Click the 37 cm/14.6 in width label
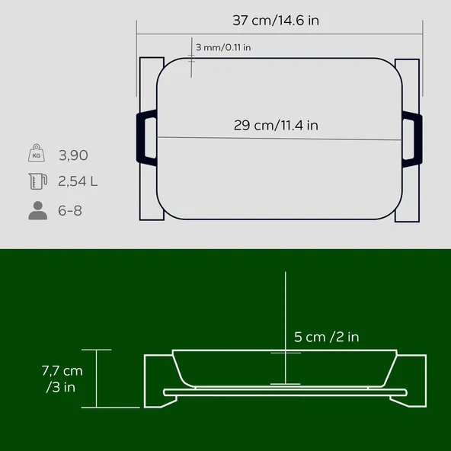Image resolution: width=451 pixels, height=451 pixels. coord(275,21)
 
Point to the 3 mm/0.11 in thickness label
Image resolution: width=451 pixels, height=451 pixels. coord(223,47)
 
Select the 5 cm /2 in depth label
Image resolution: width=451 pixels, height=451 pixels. coord(326,337)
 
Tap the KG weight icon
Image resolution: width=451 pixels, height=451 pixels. coord(37,154)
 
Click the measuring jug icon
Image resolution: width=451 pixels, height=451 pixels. coord(37,181)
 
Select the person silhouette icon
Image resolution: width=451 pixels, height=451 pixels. coord(37,210)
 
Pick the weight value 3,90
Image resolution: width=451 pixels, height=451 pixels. coord(73,155)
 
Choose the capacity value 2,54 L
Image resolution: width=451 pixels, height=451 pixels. coord(78,182)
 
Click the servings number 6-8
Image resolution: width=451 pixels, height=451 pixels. coord(70,210)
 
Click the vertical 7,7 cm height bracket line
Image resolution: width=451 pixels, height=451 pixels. coord(96,379)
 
